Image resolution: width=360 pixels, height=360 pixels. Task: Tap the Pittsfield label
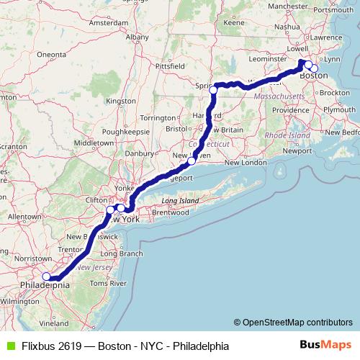click(x=170, y=65)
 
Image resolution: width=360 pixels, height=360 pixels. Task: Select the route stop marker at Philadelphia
click(x=46, y=276)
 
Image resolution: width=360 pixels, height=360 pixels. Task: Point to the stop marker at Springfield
click(x=214, y=89)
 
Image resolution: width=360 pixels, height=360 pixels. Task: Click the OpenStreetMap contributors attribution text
click(x=295, y=322)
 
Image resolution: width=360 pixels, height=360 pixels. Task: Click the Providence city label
click(x=290, y=109)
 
